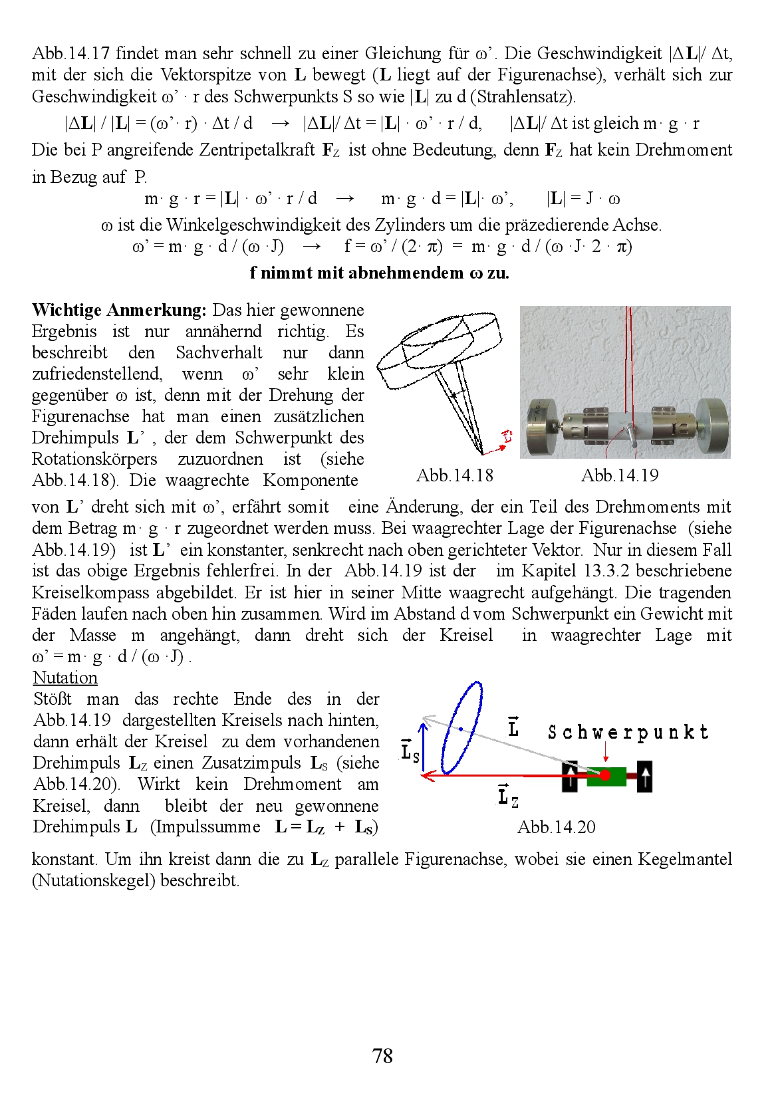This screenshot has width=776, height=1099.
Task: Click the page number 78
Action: pyautogui.click(x=382, y=1056)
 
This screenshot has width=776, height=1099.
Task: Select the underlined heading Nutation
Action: pyautogui.click(x=65, y=677)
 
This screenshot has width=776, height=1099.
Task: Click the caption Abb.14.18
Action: pyautogui.click(x=455, y=475)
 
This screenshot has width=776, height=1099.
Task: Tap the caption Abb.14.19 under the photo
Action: pyautogui.click(x=620, y=475)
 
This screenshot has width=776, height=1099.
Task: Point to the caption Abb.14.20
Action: pyautogui.click(x=557, y=827)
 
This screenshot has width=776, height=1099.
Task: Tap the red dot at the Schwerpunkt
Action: pyautogui.click(x=604, y=775)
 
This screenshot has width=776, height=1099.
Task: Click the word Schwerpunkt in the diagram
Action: pyautogui.click(x=628, y=733)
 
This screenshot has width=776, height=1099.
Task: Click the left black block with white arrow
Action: pyautogui.click(x=571, y=777)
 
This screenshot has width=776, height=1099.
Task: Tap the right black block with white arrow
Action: pyautogui.click(x=644, y=776)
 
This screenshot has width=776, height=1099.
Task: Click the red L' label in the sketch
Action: pyautogui.click(x=507, y=437)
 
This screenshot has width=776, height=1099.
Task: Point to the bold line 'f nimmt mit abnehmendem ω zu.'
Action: pyautogui.click(x=380, y=273)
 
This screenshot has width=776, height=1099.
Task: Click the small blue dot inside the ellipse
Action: pyautogui.click(x=460, y=729)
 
